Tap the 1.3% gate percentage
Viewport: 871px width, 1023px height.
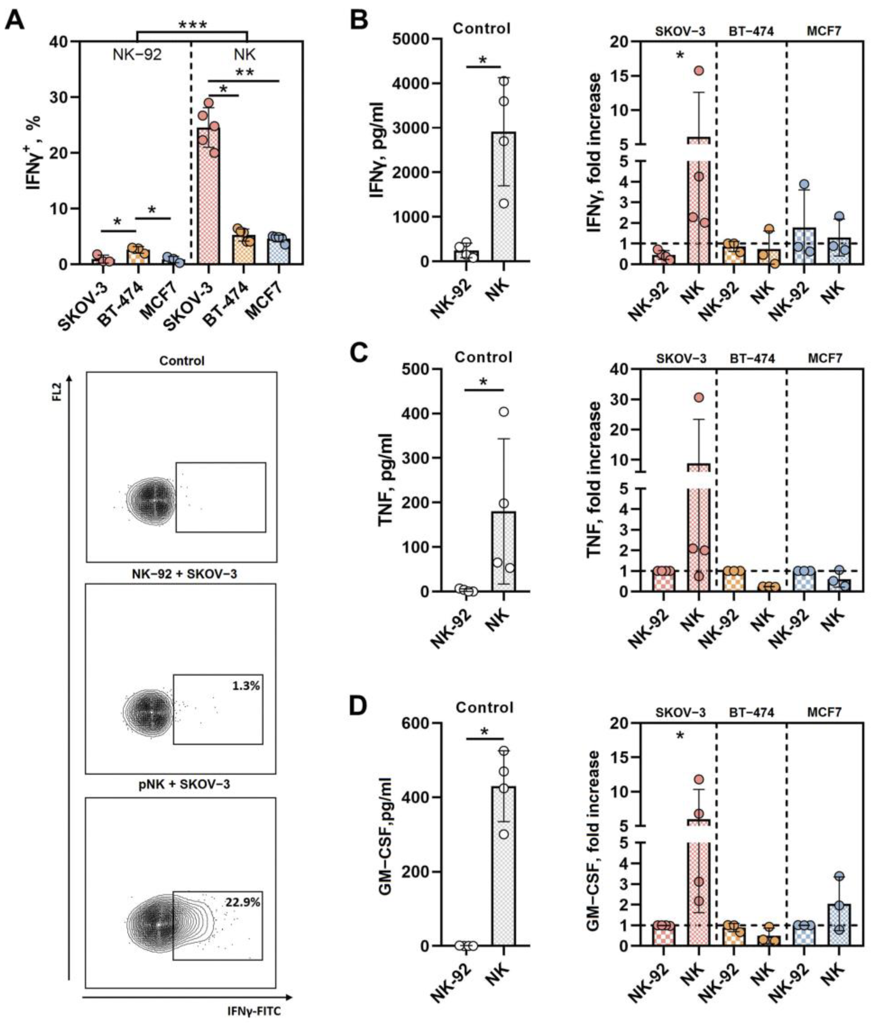click(245, 686)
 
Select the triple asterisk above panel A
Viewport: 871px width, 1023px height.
click(192, 26)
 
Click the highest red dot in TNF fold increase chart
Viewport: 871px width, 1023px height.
click(699, 397)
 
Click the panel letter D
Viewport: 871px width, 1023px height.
click(359, 706)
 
